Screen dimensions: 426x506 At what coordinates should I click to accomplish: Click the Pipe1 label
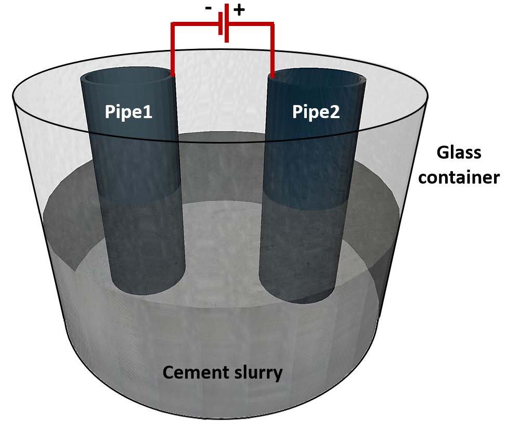128,112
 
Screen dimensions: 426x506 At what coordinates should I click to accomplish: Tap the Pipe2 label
316,112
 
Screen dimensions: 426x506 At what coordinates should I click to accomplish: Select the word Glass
459,153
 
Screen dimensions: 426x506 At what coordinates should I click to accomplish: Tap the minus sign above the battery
209,9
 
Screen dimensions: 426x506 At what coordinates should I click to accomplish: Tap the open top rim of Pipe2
317,77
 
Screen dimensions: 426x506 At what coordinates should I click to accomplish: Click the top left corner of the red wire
173,24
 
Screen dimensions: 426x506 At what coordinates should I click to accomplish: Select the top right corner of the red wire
271,24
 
